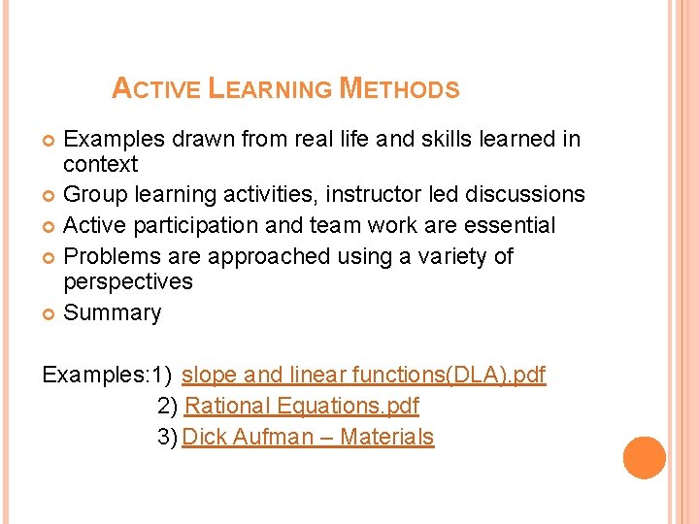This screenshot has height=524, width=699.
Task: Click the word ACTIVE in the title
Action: (155, 89)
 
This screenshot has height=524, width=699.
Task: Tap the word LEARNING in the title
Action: (272, 89)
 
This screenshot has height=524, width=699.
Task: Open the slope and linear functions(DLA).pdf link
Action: (364, 375)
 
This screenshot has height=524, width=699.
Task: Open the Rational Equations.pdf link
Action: (301, 406)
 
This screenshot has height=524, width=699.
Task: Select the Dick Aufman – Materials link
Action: (308, 437)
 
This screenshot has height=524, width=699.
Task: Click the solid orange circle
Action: (645, 458)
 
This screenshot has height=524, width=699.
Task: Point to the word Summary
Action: (113, 312)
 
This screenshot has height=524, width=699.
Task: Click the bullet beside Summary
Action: (49, 313)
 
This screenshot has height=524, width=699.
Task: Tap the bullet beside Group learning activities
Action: (49, 195)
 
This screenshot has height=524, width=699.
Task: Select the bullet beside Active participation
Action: (49, 226)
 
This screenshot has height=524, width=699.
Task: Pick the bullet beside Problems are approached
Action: (49, 257)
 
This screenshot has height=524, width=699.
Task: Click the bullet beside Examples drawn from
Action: (49, 140)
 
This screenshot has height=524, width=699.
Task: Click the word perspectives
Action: (128, 282)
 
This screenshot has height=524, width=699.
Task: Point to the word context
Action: (101, 164)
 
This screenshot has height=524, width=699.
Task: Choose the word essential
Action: (512, 225)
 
